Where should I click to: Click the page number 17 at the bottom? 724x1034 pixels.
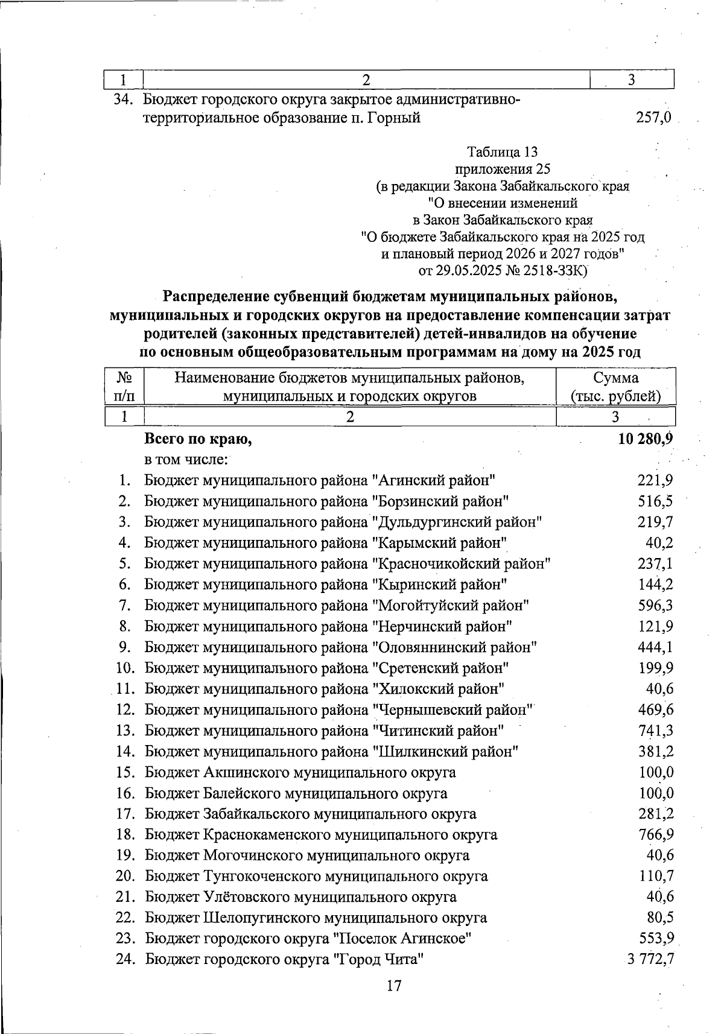393,986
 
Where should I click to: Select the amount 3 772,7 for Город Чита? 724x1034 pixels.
650,959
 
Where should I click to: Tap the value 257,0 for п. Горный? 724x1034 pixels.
653,118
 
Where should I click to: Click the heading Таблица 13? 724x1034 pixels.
502,151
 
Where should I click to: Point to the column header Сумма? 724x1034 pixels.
615,378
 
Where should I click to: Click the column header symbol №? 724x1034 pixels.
124,378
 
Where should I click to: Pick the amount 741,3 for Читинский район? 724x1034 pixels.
656,730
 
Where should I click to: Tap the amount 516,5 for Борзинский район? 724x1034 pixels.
656,501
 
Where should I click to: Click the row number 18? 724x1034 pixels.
124,834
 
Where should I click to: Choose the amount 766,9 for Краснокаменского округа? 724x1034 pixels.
656,834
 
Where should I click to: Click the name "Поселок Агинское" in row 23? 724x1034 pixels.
403,938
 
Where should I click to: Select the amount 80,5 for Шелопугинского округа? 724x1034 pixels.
660,918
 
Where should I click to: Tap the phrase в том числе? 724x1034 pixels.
186,460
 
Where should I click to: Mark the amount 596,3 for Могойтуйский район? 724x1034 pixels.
656,604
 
